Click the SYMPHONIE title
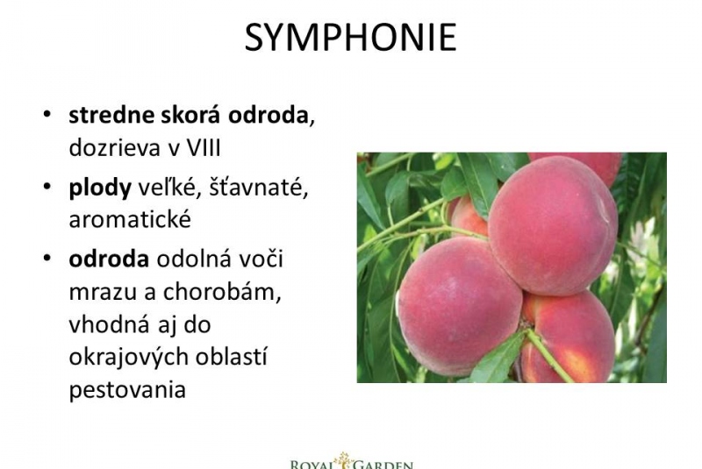[x=350, y=38]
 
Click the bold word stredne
[x=111, y=115]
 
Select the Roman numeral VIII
[x=204, y=147]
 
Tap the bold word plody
[x=100, y=188]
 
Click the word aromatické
[x=130, y=219]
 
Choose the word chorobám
[x=222, y=292]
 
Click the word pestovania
[x=127, y=389]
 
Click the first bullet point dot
[x=47, y=115]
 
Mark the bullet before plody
[x=47, y=187]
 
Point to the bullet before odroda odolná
[x=47, y=259]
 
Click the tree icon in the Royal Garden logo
[x=344, y=460]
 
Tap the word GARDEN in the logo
[x=383, y=465]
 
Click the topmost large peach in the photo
[x=554, y=226]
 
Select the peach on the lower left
[x=459, y=306]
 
